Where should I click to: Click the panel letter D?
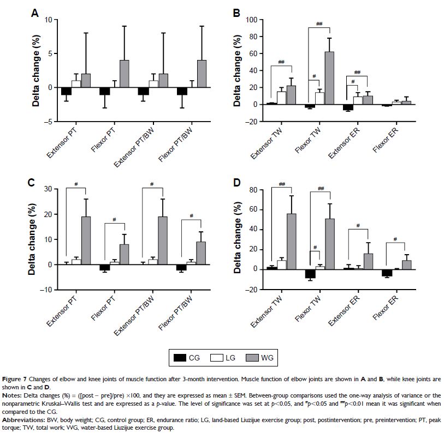236,181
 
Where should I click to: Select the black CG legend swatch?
178,358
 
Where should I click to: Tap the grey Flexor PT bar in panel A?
124,74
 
